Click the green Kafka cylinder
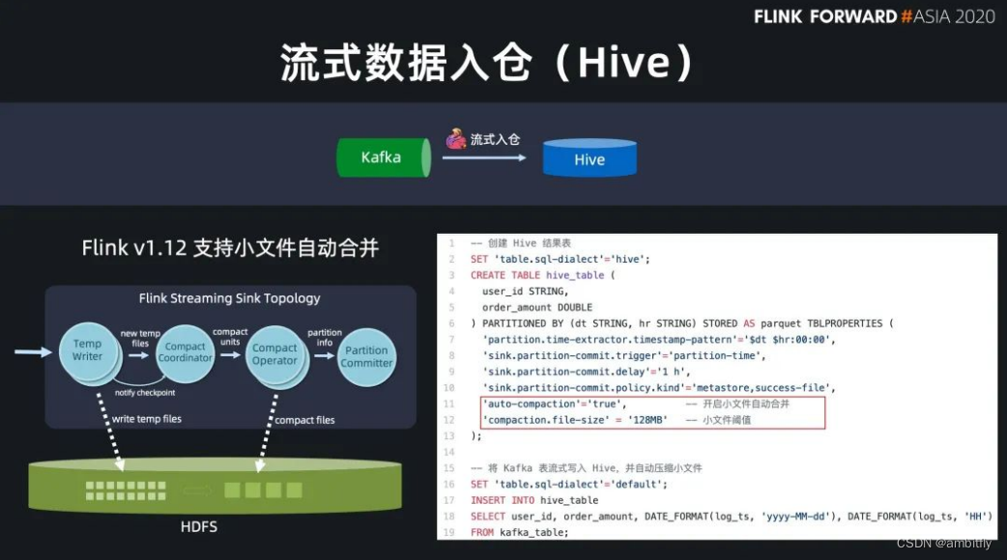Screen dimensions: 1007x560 383,157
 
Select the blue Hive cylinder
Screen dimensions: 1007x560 589,159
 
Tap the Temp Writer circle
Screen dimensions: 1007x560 87,350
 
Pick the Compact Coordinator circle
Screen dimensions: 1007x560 185,352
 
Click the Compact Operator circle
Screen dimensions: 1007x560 274,354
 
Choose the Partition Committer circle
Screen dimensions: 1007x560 366,357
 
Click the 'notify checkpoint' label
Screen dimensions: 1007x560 145,392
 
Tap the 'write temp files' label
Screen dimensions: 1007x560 146,419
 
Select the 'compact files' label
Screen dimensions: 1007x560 304,420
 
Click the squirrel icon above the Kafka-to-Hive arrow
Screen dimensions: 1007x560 456,139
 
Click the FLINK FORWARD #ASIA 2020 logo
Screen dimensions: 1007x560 874,16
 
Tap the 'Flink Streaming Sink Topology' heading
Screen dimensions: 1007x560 230,298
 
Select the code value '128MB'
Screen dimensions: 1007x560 643,420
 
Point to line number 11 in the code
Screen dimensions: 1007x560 448,404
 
